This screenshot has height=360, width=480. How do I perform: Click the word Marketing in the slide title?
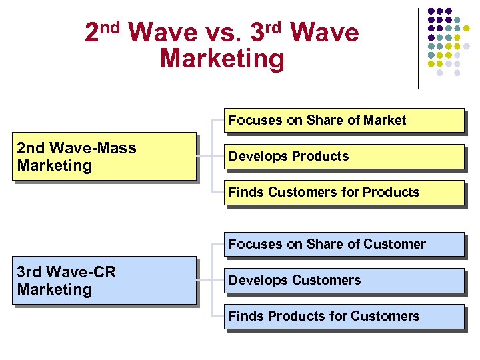(222, 59)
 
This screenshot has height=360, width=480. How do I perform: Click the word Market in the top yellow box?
(384, 121)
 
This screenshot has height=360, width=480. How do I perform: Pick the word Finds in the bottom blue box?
(245, 317)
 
